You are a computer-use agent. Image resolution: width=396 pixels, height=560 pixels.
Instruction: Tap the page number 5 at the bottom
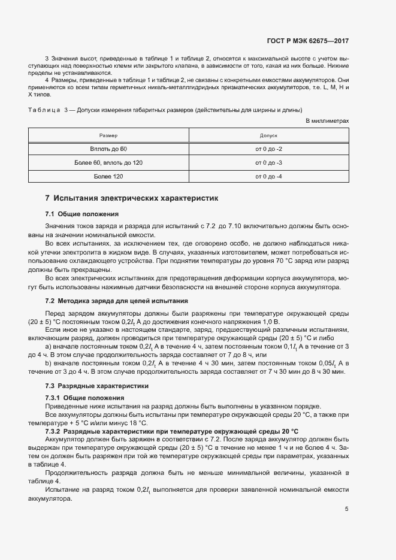coord(346,509)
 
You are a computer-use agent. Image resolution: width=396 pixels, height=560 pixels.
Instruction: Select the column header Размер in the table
coord(108,136)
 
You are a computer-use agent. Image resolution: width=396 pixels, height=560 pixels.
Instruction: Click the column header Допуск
coord(268,136)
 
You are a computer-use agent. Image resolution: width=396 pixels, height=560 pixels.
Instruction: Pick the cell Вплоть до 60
coord(108,148)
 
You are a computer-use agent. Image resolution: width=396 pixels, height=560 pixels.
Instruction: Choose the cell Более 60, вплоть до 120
coord(108,162)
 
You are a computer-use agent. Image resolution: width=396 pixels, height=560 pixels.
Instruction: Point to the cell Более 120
coord(108,177)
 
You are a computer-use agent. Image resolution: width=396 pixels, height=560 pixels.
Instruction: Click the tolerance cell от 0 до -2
coord(268,148)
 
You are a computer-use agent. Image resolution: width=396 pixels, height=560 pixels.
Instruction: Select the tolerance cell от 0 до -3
coord(268,162)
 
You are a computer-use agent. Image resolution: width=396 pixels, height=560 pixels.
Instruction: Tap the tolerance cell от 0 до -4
coord(268,177)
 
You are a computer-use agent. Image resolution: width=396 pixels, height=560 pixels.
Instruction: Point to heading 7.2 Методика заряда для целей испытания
coord(117,301)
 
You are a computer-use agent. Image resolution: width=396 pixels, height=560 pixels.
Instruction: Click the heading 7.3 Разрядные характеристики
coord(97,386)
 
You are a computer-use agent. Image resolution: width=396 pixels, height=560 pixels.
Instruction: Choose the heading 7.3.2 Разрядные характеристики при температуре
coord(172,431)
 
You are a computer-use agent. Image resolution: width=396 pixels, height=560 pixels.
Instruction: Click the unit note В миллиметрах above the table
coord(327,121)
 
